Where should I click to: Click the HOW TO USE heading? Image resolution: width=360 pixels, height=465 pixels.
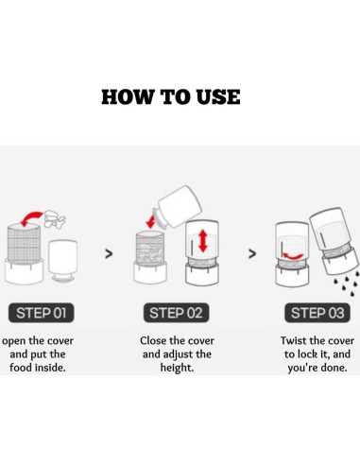pyautogui.click(x=171, y=96)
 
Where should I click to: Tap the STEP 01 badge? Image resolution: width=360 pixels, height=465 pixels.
pyautogui.click(x=42, y=313)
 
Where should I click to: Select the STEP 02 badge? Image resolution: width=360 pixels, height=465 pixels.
pyautogui.click(x=176, y=313)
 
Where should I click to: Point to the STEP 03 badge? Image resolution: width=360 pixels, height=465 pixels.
pyautogui.click(x=317, y=313)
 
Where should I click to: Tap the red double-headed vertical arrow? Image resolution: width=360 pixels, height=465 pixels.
pyautogui.click(x=203, y=241)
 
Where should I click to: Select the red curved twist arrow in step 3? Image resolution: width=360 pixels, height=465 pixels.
pyautogui.click(x=293, y=256)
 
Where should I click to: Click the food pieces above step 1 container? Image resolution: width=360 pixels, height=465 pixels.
pyautogui.click(x=55, y=218)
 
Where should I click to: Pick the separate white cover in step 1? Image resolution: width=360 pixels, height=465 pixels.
pyautogui.click(x=63, y=260)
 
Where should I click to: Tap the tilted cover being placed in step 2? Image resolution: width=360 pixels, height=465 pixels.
pyautogui.click(x=178, y=207)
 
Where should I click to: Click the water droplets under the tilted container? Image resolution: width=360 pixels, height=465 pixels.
pyautogui.click(x=347, y=283)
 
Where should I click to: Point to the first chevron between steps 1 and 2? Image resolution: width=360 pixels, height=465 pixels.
pyautogui.click(x=109, y=253)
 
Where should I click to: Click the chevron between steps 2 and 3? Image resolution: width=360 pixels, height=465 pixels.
pyautogui.click(x=252, y=253)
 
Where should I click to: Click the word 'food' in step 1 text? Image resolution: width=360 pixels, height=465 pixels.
pyautogui.click(x=21, y=368)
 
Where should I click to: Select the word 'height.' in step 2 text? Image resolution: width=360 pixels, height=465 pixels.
pyautogui.click(x=177, y=368)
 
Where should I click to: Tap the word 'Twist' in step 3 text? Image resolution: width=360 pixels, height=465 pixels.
pyautogui.click(x=294, y=340)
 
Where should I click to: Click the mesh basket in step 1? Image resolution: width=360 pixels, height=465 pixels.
pyautogui.click(x=25, y=242)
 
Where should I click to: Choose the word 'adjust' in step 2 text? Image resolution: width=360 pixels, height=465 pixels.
pyautogui.click(x=175, y=354)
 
